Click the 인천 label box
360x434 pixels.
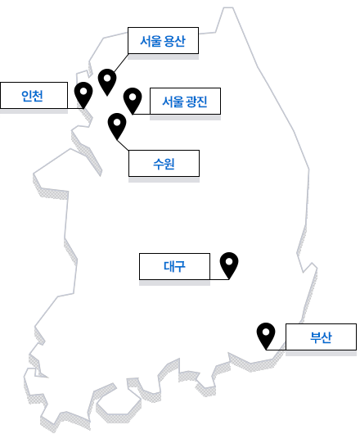coord(34,95)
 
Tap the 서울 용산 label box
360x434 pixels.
coord(163,40)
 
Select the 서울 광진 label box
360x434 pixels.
coord(185,101)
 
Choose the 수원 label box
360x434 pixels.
coord(164,163)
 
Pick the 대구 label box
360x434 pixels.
coord(174,266)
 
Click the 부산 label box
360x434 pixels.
coord(321,337)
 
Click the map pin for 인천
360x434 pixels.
coord(83,95)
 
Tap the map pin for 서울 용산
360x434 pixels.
coord(107,82)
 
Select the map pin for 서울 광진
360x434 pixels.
coord(133,101)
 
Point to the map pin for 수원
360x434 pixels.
coord(117,126)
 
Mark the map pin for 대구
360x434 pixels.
coord(229,265)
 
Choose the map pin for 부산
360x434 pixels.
coord(266,336)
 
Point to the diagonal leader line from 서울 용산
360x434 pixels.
coord(121,63)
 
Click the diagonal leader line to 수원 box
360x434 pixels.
coord(123,145)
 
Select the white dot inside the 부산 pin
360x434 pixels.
coord(266,332)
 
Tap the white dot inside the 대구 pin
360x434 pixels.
coord(229,261)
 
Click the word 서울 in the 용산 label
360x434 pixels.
coord(151,41)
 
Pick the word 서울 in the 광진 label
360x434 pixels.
coord(173,102)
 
